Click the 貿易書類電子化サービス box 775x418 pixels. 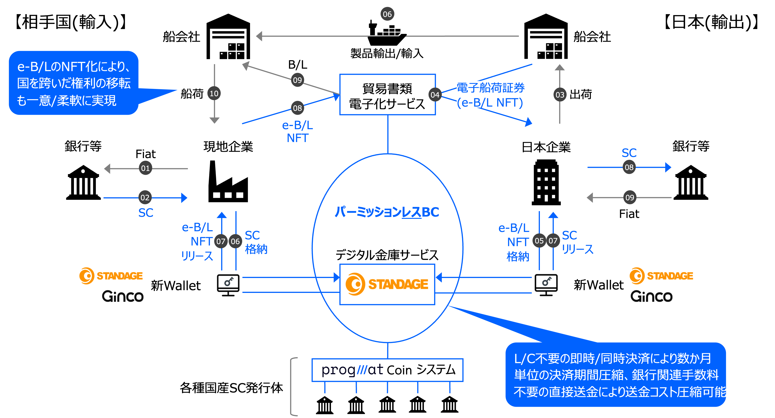(x=387, y=95)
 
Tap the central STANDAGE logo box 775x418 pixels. (x=387, y=284)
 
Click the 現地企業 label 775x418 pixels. (x=228, y=146)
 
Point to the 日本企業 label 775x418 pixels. (x=546, y=147)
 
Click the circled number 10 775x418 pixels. (x=214, y=93)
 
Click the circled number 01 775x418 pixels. (x=145, y=168)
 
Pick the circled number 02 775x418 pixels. (x=145, y=197)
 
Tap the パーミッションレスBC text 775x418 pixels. (x=387, y=212)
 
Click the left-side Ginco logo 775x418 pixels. (x=123, y=296)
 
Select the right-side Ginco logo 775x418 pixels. (x=651, y=296)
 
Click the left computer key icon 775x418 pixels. (x=228, y=285)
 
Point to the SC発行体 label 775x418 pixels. (x=255, y=387)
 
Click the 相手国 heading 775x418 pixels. (x=42, y=21)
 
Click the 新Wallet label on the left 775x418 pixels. (x=175, y=285)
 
